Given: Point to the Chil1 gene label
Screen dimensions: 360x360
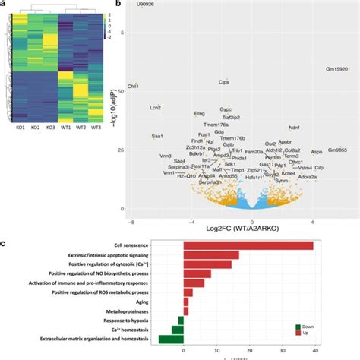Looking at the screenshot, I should [x=134, y=87].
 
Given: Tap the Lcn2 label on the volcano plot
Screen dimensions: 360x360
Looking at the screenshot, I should [x=155, y=108].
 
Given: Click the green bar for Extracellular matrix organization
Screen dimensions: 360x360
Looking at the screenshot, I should [x=171, y=339].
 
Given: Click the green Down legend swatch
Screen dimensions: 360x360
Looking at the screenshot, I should [x=298, y=327].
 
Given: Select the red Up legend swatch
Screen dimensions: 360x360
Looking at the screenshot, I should [x=298, y=334].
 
